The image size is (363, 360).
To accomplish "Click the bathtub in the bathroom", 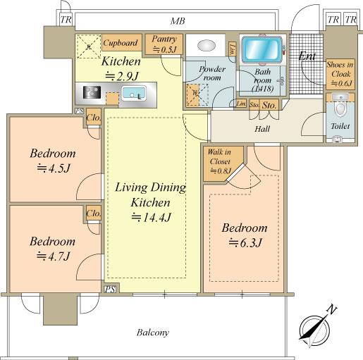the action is (x=262, y=49).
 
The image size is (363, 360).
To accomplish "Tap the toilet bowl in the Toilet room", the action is (x=340, y=108).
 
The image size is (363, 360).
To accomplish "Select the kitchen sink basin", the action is (x=133, y=93).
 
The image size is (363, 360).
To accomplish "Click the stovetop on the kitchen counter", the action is (x=92, y=92).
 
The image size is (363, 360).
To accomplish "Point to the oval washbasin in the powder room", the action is (x=207, y=45).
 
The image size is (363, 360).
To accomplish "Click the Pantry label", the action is (x=164, y=39).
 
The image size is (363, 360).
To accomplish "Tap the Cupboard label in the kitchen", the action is (x=121, y=43).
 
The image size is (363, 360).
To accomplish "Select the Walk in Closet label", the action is (x=219, y=157).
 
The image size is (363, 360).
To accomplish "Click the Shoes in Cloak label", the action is (x=340, y=70).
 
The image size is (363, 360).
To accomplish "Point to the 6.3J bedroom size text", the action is (x=245, y=242).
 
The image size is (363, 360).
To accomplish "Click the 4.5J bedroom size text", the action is (x=54, y=168).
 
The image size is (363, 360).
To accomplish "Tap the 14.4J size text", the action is (x=151, y=217).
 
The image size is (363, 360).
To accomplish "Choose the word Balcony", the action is (x=153, y=333).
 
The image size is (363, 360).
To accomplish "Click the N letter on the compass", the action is (x=332, y=310).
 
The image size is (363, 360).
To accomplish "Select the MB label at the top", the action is (x=178, y=21).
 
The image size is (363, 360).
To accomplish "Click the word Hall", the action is (x=262, y=129).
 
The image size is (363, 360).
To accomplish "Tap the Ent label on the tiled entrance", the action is (x=307, y=56).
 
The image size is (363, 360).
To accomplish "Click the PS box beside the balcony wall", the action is (x=110, y=289).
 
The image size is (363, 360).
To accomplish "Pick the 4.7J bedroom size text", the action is (x=53, y=256).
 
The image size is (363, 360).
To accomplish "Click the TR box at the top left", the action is (x=66, y=20).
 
